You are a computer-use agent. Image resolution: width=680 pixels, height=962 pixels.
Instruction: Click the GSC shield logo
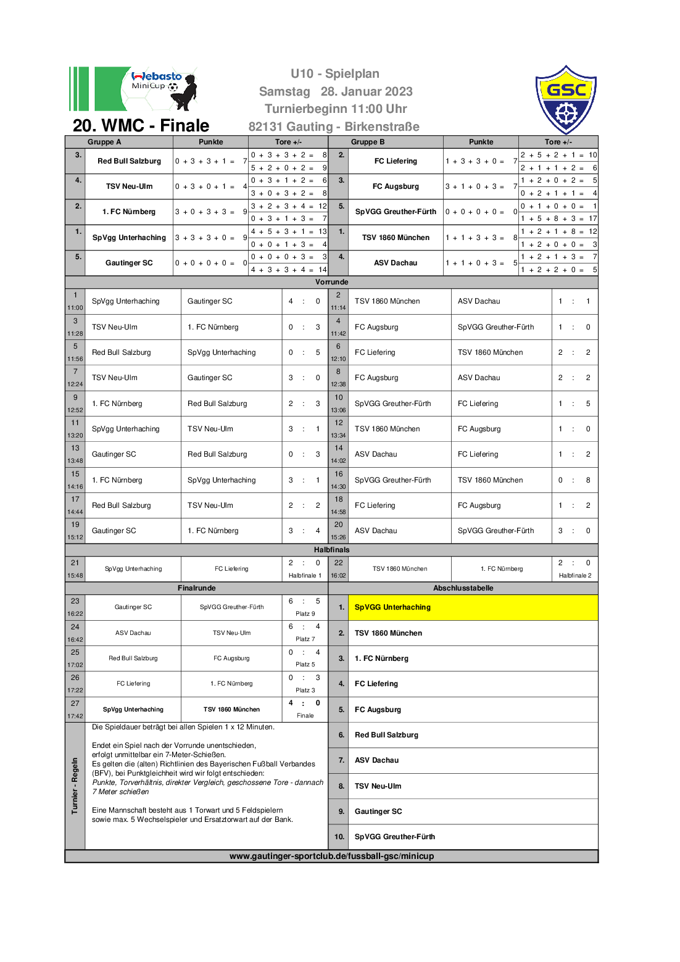click(x=566, y=99)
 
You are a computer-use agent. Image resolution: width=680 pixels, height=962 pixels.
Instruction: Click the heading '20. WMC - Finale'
click(x=141, y=125)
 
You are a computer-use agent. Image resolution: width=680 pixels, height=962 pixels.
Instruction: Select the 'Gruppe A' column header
click(x=104, y=142)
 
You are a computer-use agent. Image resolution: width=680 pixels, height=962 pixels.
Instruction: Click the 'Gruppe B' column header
click(x=368, y=142)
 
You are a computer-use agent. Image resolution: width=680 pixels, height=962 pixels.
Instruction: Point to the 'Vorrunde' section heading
click(x=331, y=282)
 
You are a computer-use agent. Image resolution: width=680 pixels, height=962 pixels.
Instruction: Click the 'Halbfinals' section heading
click(x=331, y=550)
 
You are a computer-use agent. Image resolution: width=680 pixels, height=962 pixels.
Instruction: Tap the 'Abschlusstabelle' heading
click(x=463, y=588)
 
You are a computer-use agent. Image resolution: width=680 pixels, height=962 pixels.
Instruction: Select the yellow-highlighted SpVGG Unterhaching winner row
click(x=473, y=607)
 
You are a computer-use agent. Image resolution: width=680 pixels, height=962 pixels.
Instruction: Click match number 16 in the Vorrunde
click(x=339, y=474)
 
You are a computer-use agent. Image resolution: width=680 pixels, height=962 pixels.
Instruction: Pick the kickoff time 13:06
click(x=338, y=410)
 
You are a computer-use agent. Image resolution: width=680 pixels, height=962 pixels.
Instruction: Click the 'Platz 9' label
click(x=305, y=613)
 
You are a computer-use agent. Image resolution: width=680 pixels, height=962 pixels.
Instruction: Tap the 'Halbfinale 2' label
click(x=575, y=576)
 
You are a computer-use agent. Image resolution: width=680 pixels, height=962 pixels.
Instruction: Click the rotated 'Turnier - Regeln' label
click(x=75, y=786)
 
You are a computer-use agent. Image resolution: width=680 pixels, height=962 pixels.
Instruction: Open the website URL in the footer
click(x=331, y=856)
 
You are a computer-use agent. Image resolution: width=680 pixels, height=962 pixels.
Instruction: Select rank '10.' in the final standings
click(x=339, y=837)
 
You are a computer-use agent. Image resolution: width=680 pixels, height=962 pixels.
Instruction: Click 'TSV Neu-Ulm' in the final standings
click(x=378, y=786)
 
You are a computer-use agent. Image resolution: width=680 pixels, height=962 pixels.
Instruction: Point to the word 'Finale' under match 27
click(x=305, y=716)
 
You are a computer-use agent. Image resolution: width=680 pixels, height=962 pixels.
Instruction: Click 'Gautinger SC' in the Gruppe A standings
click(x=129, y=263)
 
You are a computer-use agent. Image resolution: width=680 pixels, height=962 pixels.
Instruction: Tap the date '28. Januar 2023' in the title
click(x=367, y=91)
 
